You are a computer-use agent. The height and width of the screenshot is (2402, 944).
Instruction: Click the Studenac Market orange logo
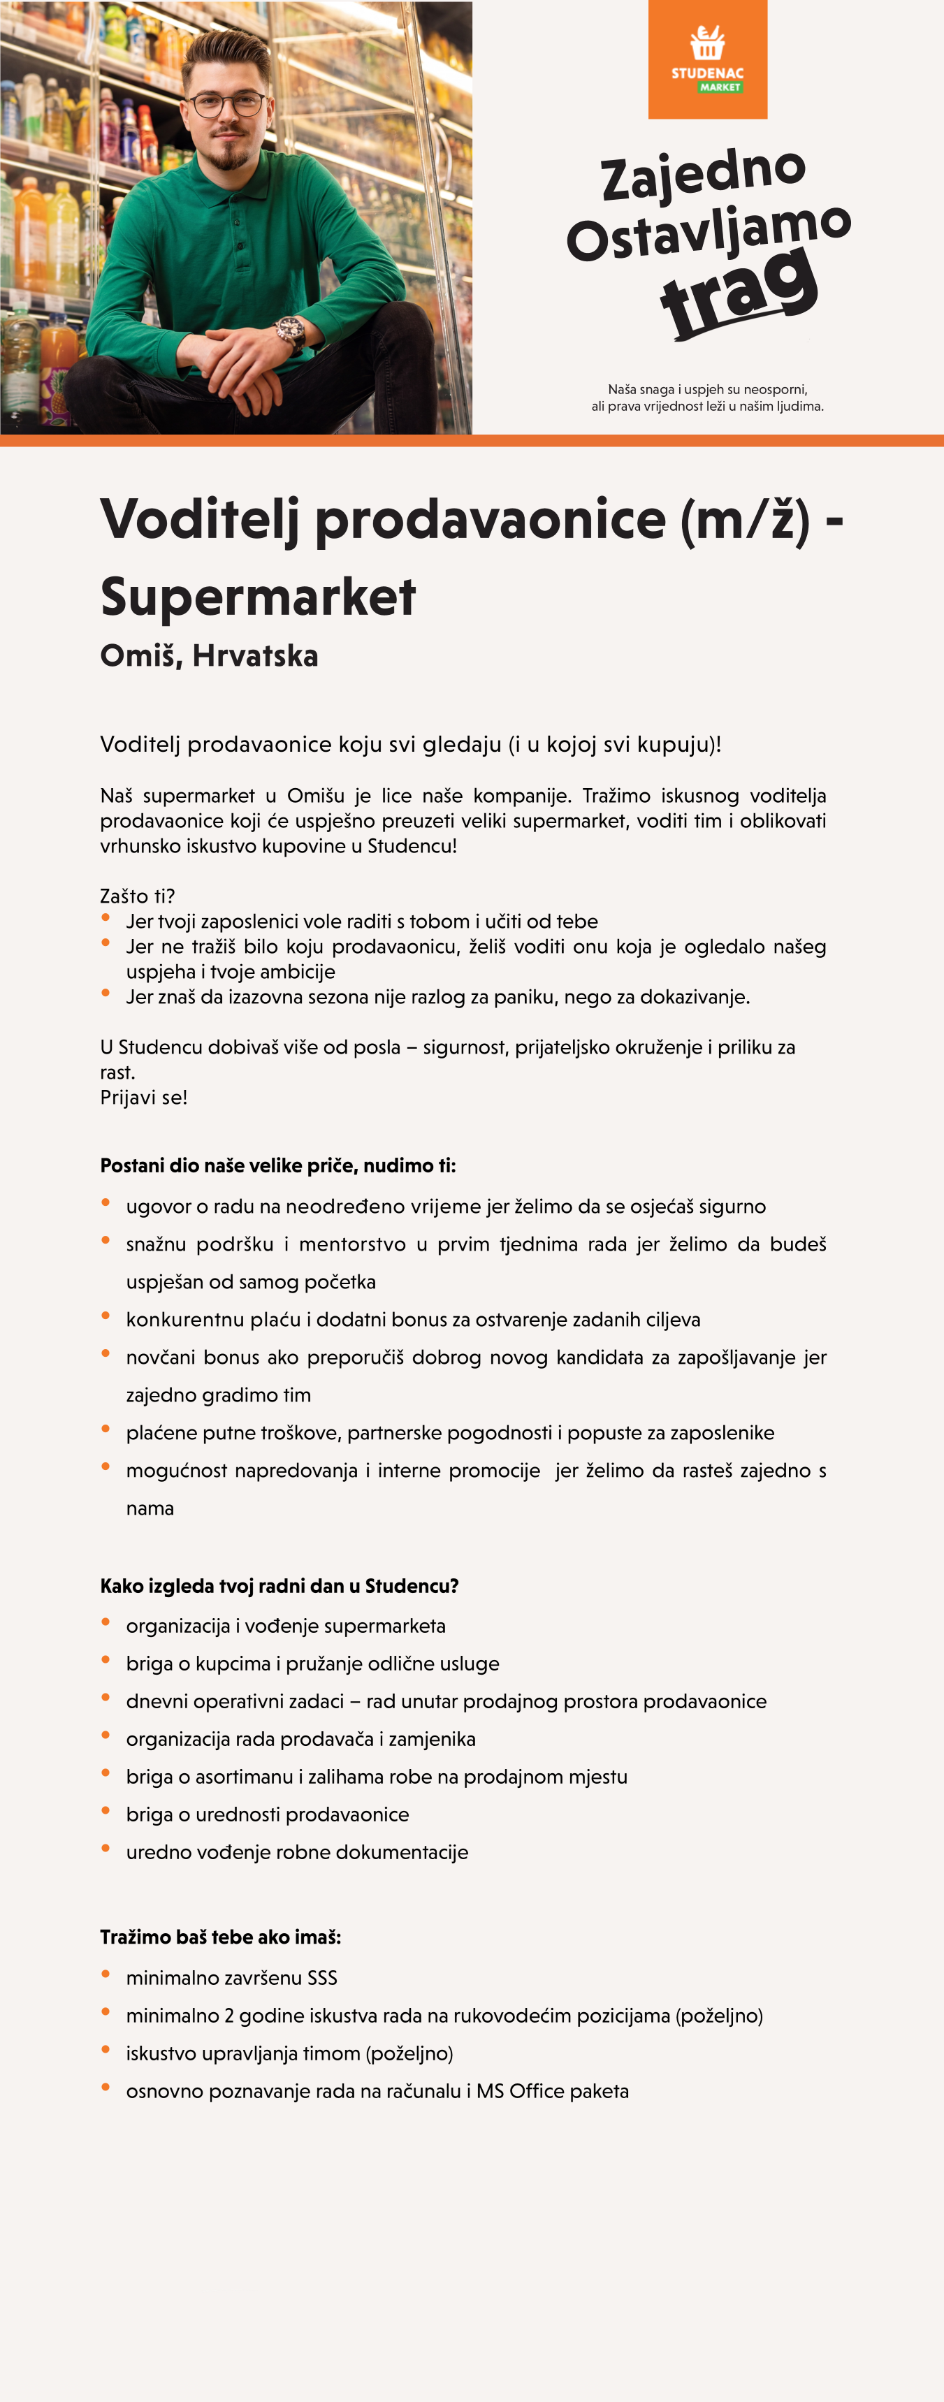tap(707, 59)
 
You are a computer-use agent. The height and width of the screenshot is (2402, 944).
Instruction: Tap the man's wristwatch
tap(291, 330)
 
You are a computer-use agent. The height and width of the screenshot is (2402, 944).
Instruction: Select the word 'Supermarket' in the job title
tap(257, 597)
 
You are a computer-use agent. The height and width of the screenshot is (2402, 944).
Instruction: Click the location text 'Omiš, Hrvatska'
tap(209, 655)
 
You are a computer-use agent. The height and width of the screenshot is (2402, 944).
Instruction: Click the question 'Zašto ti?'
tap(137, 896)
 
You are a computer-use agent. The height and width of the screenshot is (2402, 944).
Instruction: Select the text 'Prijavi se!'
tap(144, 1098)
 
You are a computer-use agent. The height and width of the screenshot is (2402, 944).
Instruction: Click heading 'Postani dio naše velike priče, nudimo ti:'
tap(277, 1165)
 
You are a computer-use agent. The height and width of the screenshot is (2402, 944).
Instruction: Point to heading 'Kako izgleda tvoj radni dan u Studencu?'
tap(279, 1586)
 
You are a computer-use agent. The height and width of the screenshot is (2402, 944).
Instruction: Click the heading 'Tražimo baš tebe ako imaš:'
tap(220, 1937)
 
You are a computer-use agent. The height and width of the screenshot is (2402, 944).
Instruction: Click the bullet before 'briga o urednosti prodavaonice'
tap(106, 1811)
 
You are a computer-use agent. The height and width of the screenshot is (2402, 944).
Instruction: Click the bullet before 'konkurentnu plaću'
tap(106, 1316)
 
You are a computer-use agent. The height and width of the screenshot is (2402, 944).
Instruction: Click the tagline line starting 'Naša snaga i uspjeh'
tap(707, 389)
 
